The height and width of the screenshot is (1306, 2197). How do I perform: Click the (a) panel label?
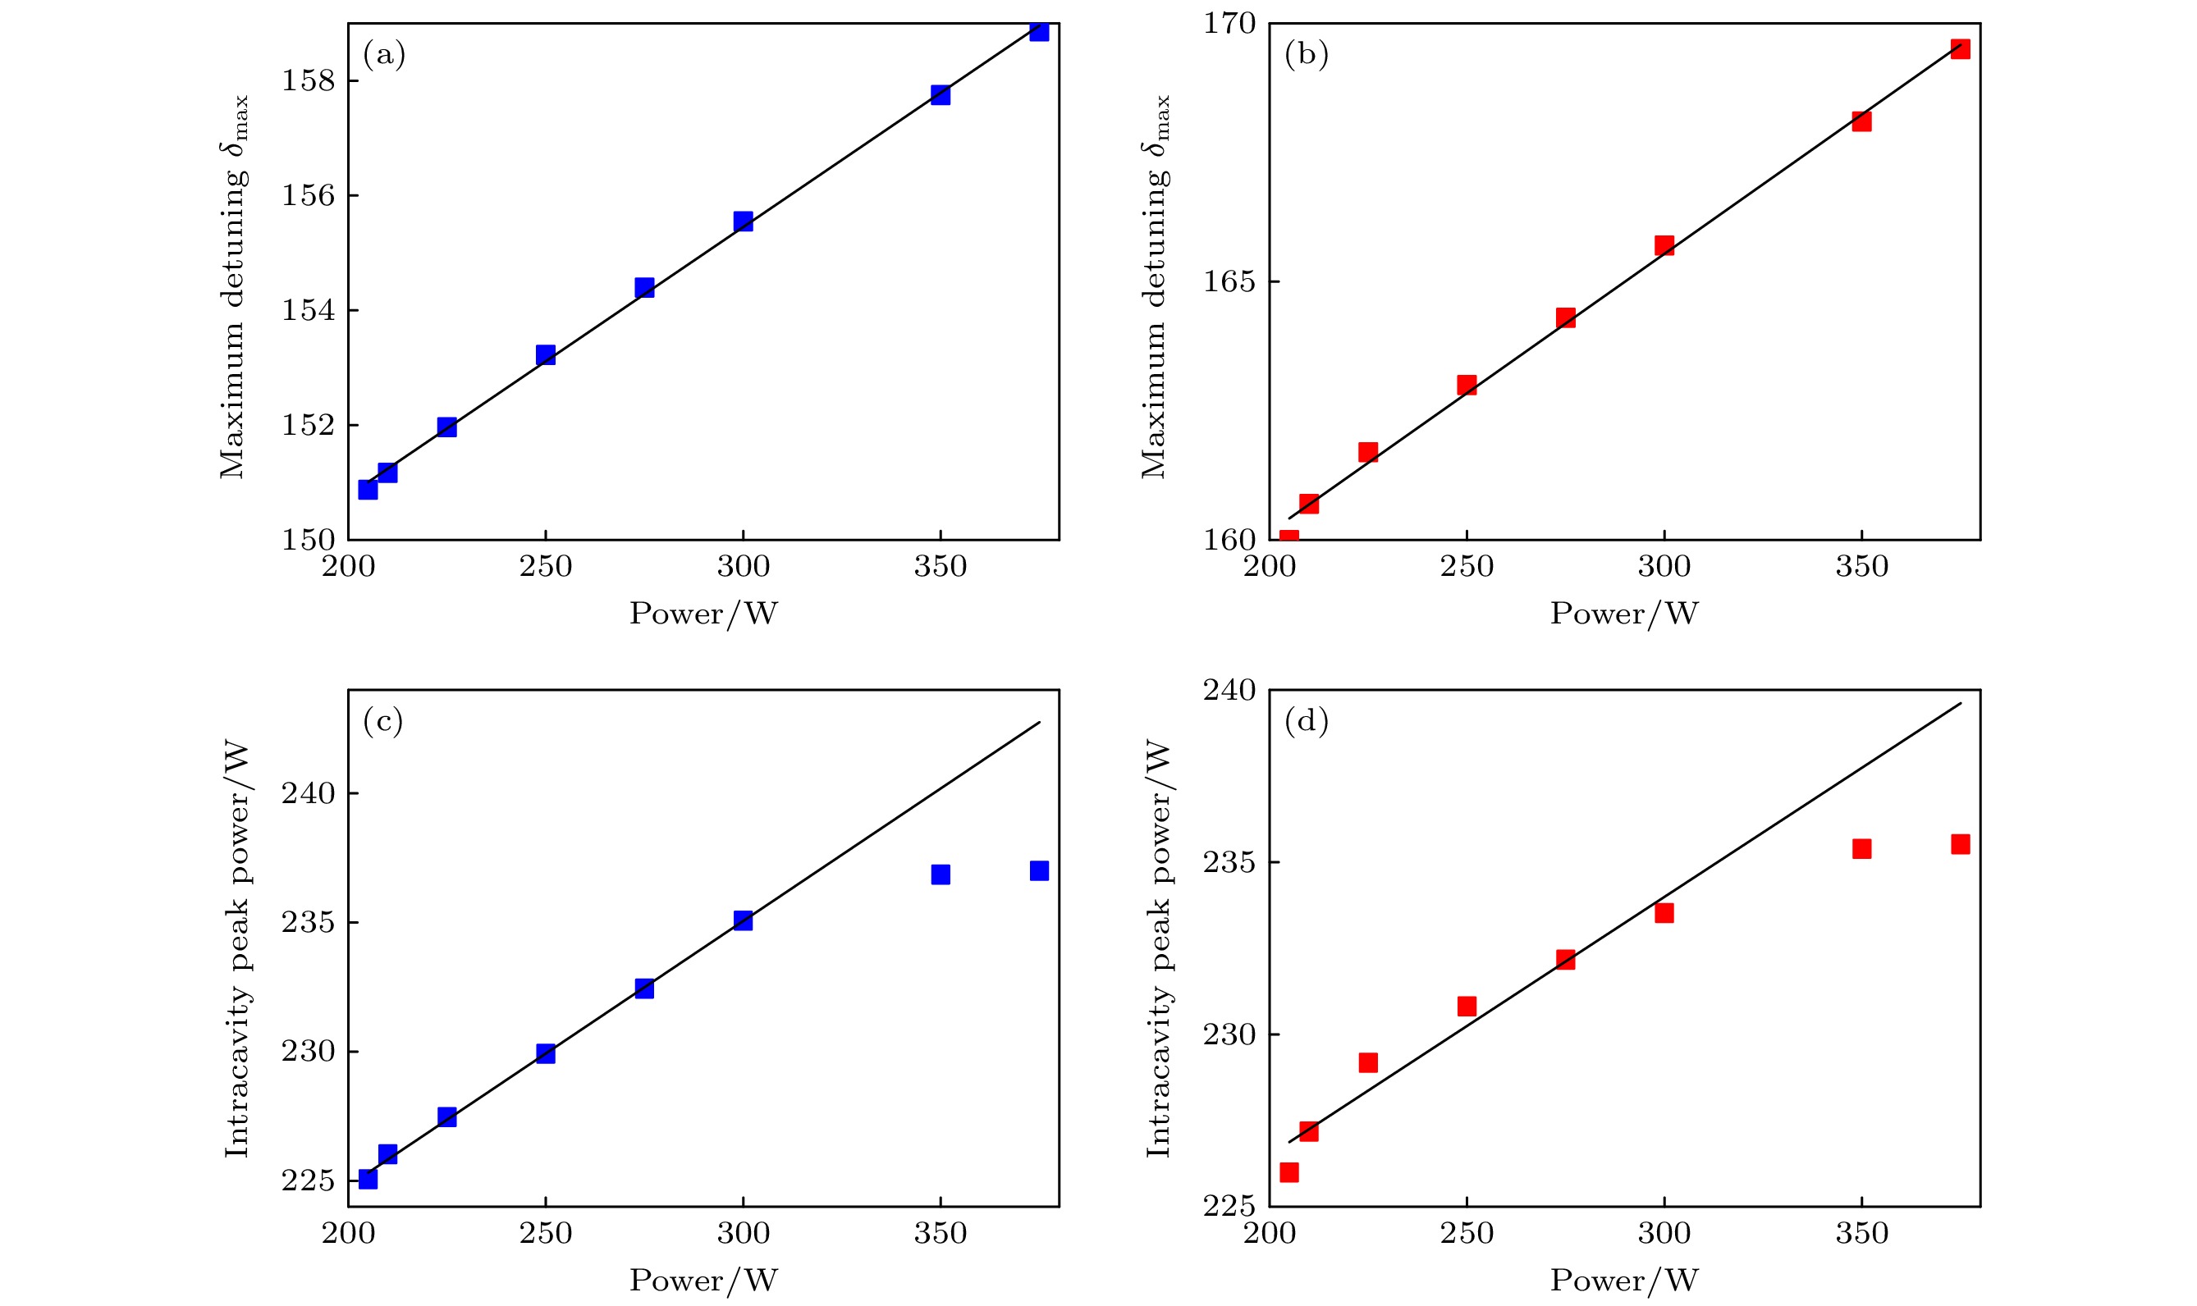coord(384,56)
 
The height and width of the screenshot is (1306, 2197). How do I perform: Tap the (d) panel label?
coord(1307,722)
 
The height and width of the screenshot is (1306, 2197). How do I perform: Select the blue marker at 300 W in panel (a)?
coord(743,221)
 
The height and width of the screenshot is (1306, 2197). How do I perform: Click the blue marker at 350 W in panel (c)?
coord(940,874)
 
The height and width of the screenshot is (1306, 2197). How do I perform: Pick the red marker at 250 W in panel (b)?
coord(1467,385)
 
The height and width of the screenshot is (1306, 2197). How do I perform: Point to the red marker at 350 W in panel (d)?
coord(1861,848)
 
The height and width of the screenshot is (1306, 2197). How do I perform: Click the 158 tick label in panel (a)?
coord(308,81)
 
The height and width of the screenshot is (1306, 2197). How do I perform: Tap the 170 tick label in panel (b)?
coord(1229,23)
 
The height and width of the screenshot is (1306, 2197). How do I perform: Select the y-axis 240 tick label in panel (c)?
coord(308,794)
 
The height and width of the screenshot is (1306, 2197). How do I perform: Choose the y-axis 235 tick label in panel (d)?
coord(1229,862)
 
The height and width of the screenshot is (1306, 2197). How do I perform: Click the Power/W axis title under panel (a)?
coord(703,614)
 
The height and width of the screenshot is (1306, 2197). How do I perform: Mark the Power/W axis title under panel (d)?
coord(1624,1280)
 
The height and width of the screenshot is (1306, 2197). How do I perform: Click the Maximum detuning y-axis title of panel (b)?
coord(1155,287)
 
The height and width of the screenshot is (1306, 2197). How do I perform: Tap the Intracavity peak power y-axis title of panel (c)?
coord(236,950)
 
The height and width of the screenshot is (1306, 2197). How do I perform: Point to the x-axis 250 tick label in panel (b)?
coord(1467,567)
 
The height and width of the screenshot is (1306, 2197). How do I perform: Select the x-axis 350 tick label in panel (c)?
coord(940,1233)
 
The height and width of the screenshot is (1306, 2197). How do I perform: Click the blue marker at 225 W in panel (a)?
coord(447,427)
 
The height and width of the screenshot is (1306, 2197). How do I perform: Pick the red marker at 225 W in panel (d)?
coord(1368,1062)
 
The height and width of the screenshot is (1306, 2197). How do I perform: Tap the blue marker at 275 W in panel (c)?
coord(644,989)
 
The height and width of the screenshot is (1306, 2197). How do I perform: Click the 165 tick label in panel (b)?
coord(1229,281)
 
